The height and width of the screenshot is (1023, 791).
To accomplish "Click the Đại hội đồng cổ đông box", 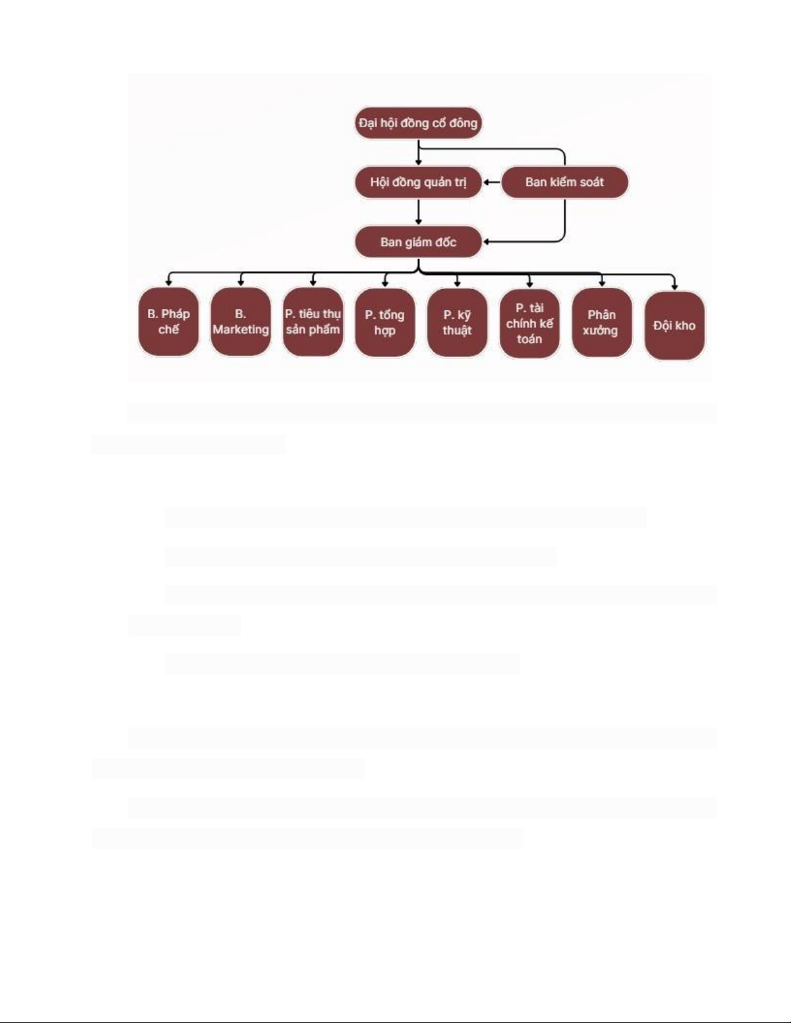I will [x=418, y=123].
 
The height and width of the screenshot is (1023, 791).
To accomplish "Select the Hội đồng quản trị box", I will [x=418, y=182].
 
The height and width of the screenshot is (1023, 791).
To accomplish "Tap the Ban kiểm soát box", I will [x=564, y=182].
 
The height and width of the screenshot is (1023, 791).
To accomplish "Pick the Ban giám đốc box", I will [x=418, y=242].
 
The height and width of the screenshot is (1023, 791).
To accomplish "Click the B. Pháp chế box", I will [x=169, y=321].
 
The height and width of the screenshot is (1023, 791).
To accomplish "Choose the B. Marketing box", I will [x=240, y=321].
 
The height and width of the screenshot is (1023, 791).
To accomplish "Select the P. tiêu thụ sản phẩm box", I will [x=313, y=321].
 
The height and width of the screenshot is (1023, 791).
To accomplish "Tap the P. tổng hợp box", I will [x=385, y=323].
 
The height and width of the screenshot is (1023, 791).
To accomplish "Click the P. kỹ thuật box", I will [x=457, y=323].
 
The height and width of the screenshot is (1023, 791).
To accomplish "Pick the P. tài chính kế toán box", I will [x=529, y=323].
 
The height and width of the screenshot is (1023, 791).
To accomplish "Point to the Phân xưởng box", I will [x=601, y=323].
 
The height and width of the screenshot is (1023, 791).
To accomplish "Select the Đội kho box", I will [x=674, y=325].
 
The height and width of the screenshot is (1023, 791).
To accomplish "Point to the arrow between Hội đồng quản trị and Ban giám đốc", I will [x=418, y=212].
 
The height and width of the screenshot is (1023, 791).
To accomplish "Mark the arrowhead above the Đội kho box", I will [x=674, y=285].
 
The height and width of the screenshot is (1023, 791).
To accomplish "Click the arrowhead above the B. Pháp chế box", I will [x=169, y=282].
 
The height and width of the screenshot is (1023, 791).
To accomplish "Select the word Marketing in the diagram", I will [x=240, y=329].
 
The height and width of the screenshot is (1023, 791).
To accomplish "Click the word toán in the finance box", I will [x=529, y=339].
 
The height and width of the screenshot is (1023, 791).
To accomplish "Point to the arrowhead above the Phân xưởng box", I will [x=602, y=283].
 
